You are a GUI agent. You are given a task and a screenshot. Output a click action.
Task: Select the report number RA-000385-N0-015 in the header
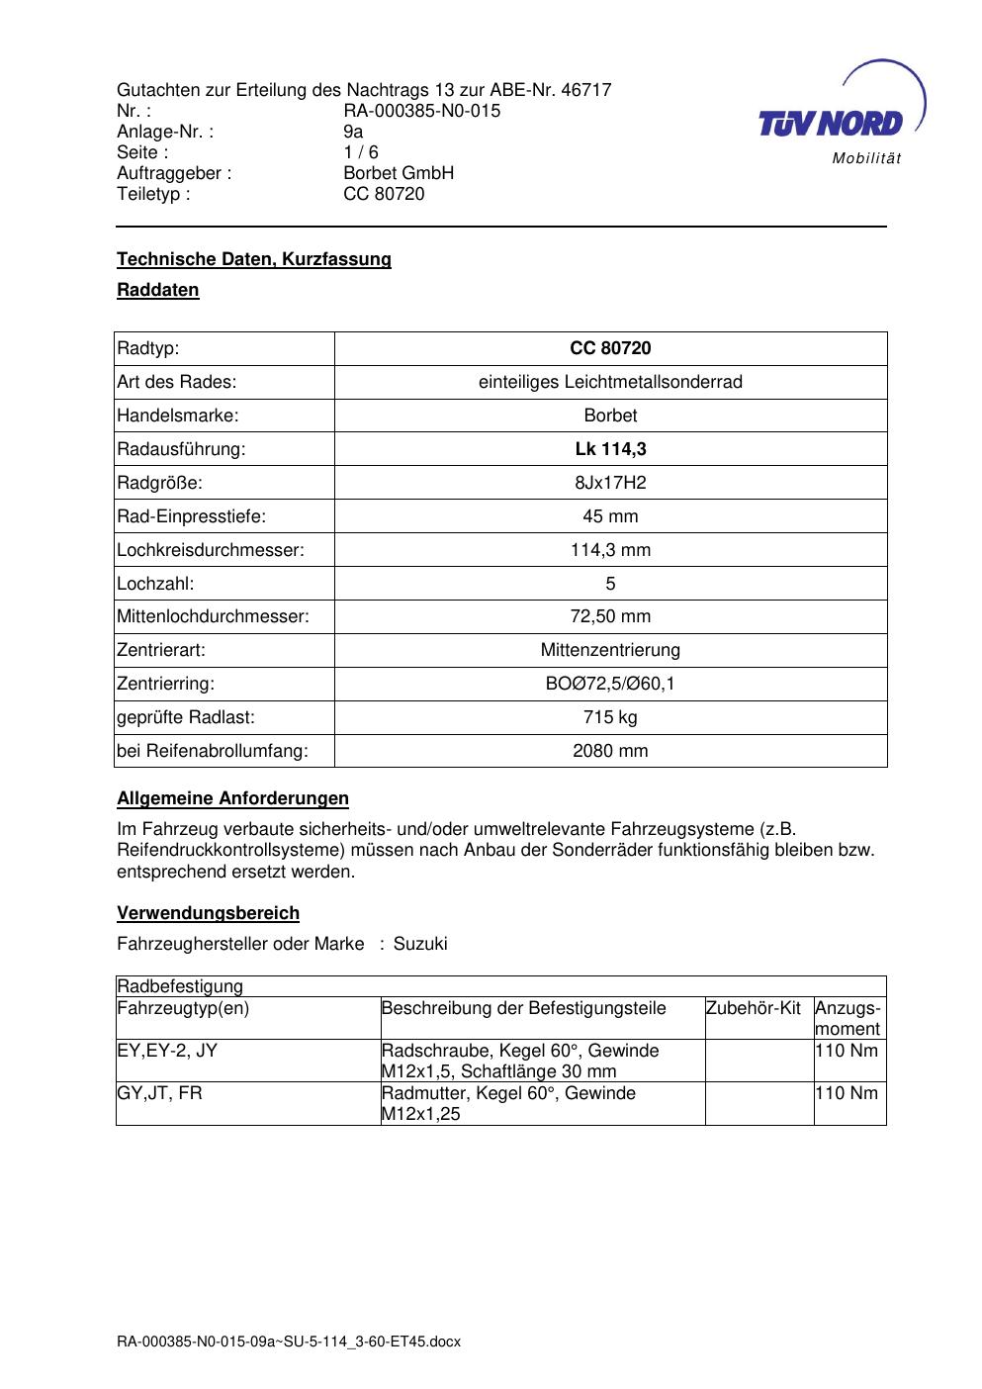click(x=421, y=111)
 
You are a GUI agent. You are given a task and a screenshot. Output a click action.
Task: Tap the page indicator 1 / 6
click(x=360, y=152)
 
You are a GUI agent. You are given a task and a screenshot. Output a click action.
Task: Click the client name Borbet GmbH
click(x=398, y=173)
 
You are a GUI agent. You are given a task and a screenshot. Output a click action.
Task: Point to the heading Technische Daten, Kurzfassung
click(x=254, y=259)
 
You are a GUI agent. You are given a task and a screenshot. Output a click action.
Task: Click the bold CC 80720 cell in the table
click(x=610, y=348)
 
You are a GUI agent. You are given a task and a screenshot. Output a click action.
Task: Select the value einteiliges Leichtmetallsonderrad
click(x=610, y=382)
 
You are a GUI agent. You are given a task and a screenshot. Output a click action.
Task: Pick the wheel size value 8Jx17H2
click(x=610, y=483)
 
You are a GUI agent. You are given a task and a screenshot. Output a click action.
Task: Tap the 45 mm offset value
click(x=610, y=516)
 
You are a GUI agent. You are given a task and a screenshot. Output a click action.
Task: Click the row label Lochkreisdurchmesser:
click(x=210, y=550)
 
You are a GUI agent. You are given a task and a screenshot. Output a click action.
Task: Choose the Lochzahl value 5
click(x=610, y=584)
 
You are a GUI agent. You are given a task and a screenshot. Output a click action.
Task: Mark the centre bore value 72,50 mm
click(x=610, y=616)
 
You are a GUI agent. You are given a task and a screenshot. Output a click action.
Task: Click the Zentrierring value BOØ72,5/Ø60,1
click(x=610, y=684)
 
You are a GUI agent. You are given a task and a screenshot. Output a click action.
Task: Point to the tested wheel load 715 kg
click(x=610, y=717)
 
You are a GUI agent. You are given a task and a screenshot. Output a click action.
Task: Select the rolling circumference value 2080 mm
click(x=610, y=751)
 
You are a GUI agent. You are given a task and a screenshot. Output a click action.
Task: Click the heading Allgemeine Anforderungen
click(x=232, y=798)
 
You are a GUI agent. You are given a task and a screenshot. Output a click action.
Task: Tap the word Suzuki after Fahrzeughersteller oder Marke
click(x=420, y=944)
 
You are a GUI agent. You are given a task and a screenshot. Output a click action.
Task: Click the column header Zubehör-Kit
click(x=753, y=1008)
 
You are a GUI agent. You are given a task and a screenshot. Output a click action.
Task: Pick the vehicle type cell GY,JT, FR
click(x=159, y=1093)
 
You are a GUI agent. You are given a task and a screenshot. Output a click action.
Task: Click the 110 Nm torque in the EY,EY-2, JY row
click(x=847, y=1051)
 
